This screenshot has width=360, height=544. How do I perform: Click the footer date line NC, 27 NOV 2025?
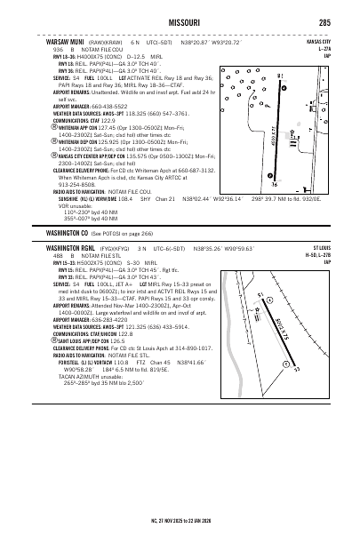coord(180,531)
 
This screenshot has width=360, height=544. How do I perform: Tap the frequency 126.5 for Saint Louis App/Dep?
coord(116,340)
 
